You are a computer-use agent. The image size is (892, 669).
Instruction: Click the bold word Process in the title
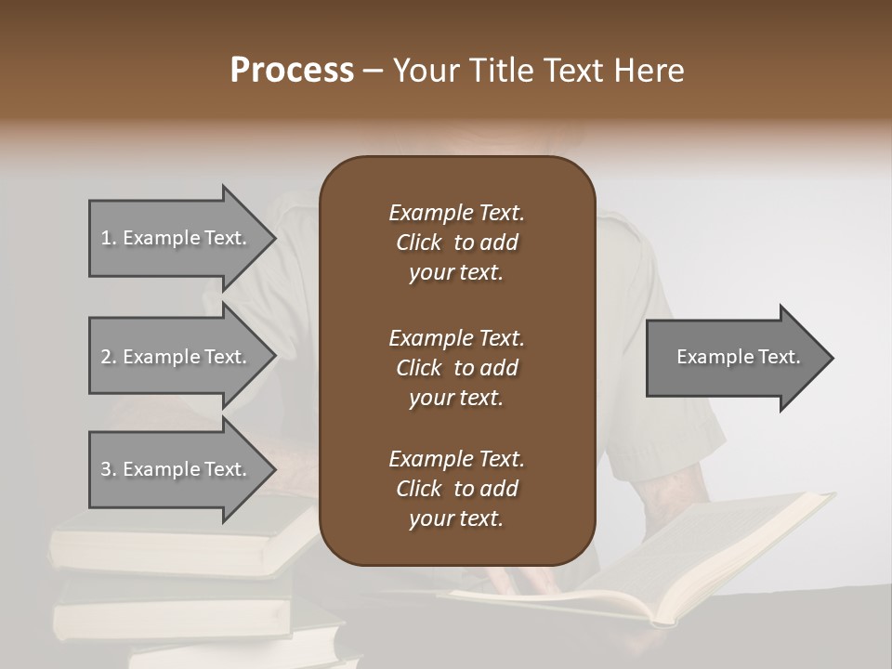click(292, 71)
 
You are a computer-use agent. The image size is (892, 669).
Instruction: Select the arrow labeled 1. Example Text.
click(177, 238)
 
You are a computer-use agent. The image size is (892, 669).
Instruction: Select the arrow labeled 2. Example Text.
click(177, 357)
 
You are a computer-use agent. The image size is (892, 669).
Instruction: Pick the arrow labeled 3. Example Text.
click(177, 469)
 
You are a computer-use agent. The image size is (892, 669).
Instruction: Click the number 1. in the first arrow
click(109, 238)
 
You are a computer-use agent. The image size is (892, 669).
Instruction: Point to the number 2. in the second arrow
click(109, 357)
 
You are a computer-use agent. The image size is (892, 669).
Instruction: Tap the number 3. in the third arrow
click(109, 469)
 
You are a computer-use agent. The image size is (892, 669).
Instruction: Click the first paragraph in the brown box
click(456, 243)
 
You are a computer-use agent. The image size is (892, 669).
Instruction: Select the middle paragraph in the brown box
click(456, 367)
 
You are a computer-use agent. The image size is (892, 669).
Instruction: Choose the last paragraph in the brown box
click(456, 489)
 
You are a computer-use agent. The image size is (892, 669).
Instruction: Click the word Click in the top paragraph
click(418, 243)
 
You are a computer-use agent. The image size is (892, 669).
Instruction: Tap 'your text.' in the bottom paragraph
click(456, 519)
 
